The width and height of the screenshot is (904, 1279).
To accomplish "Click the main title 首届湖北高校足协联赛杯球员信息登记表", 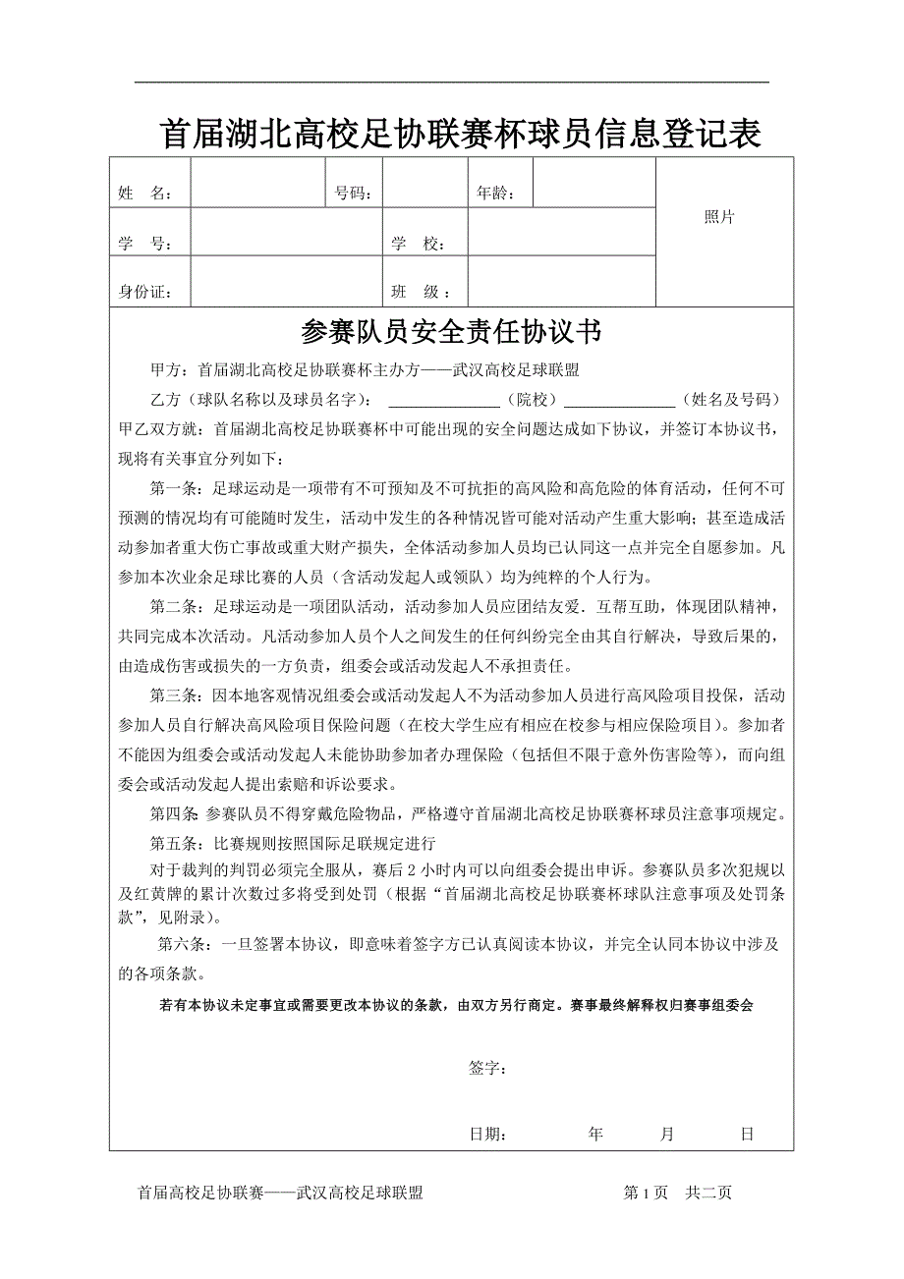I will [x=460, y=135].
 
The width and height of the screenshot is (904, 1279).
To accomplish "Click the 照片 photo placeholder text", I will [x=719, y=218].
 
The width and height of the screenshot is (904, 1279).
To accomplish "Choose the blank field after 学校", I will [x=561, y=232].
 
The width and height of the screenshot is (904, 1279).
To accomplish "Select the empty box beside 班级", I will [x=561, y=281].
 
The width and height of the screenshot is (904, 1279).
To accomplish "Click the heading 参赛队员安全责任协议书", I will [x=451, y=333].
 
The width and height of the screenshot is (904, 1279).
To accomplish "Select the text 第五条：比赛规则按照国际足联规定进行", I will [x=292, y=843].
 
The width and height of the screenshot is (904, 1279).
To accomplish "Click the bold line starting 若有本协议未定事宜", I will [x=455, y=1006].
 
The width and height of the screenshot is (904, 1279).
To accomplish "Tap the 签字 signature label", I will [x=487, y=1069].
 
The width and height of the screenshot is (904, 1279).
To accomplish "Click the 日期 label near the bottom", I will [x=487, y=1135].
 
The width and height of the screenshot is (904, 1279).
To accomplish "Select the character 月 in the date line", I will [x=667, y=1134].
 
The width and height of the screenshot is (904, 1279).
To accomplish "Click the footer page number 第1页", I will [x=646, y=1193].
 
